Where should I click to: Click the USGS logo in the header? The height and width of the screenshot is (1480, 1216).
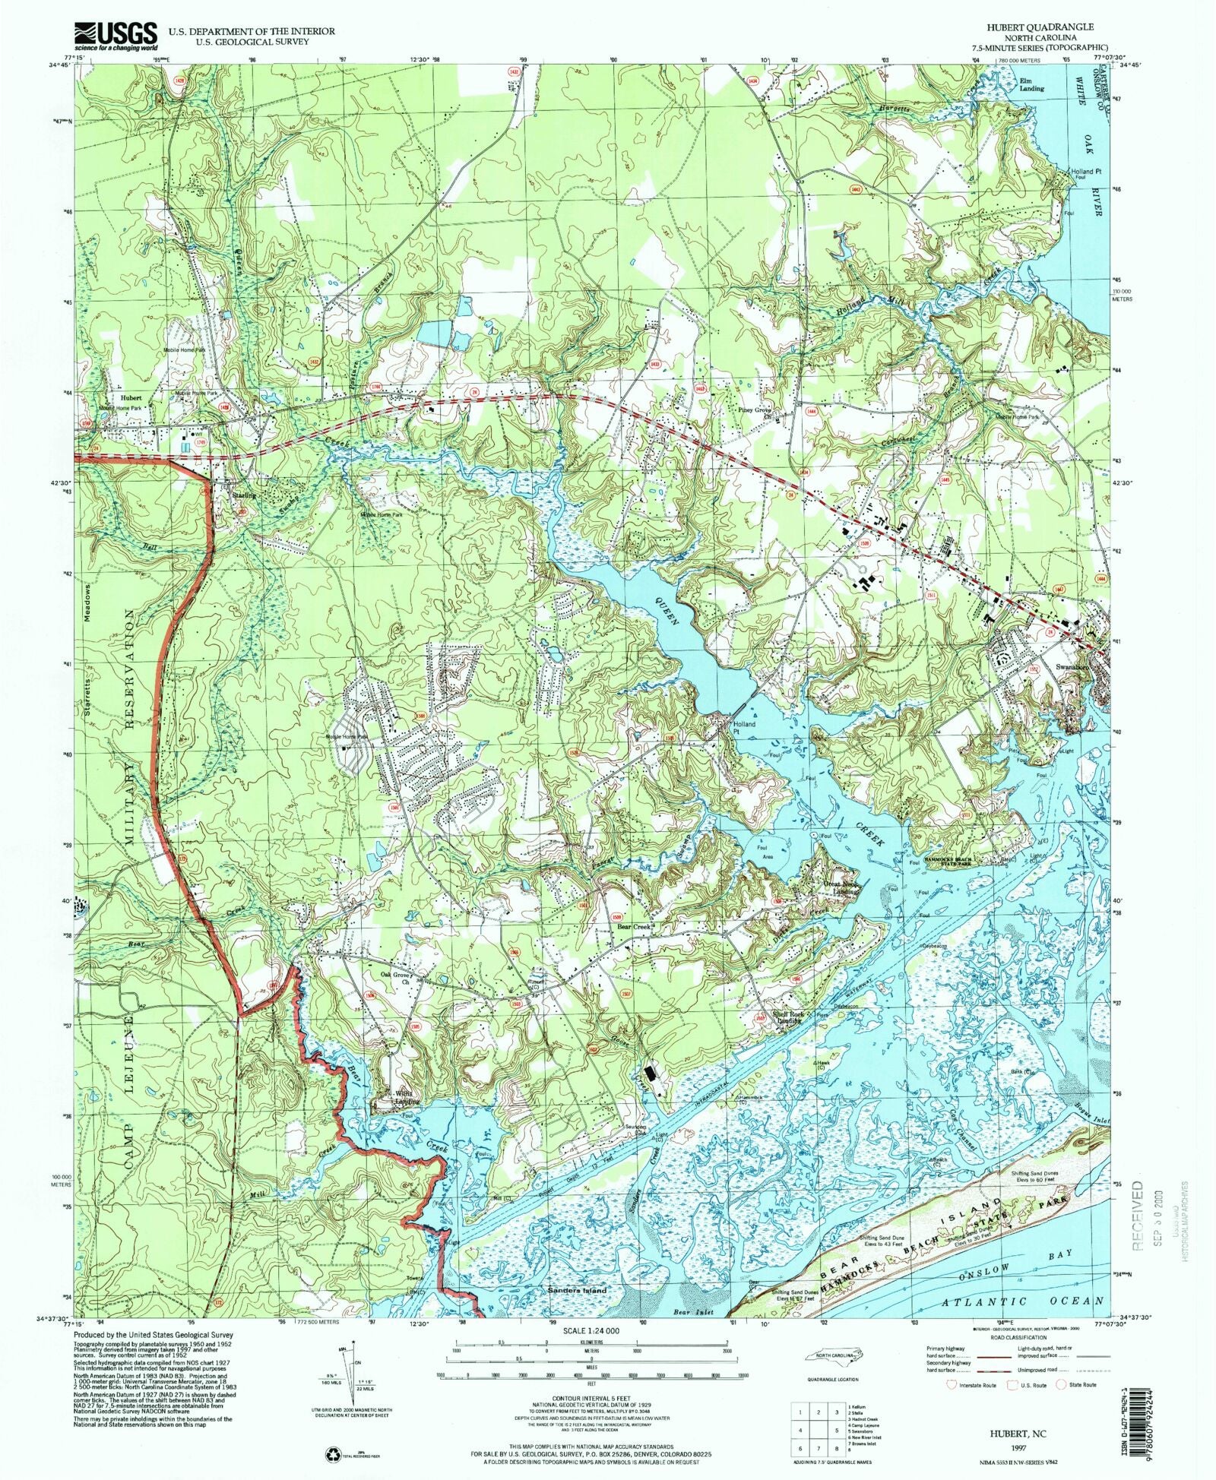[x=115, y=35]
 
